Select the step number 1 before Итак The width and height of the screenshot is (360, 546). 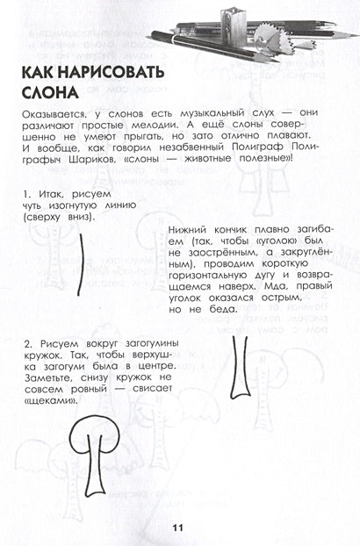pos(30,191)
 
